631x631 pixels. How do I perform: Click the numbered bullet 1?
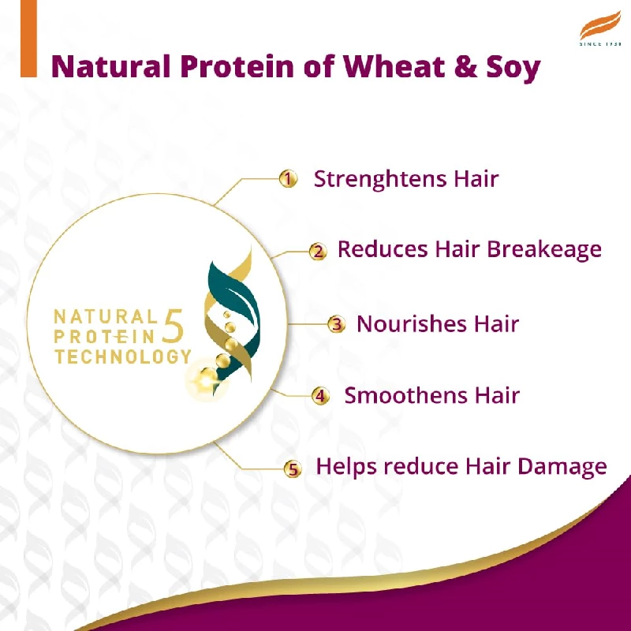(289, 179)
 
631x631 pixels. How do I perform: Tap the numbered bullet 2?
(317, 252)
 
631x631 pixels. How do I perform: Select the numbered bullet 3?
(337, 324)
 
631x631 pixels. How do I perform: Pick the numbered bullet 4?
(320, 396)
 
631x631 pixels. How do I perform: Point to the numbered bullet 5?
(293, 469)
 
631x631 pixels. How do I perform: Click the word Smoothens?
(398, 395)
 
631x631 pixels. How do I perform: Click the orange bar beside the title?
(28, 39)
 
